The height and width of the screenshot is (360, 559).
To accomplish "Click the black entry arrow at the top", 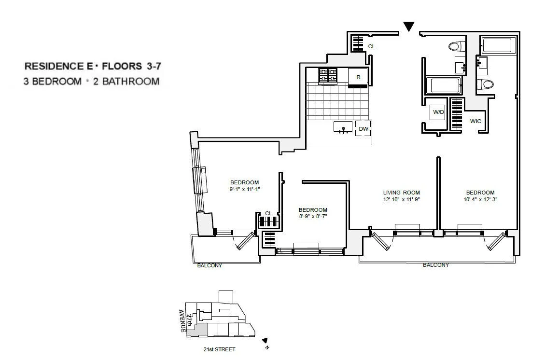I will click(409, 27).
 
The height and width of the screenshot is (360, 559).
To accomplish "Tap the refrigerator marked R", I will click(358, 77).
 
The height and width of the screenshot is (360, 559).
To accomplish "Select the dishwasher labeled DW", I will click(363, 128).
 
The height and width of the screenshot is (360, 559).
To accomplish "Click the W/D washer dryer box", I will click(438, 112).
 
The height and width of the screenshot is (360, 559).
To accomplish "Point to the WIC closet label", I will click(475, 121).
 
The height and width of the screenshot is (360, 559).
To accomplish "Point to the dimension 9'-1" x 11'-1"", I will click(245, 189).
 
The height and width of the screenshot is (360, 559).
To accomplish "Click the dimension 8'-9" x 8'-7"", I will click(313, 217).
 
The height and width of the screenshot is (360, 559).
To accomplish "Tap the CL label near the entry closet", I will click(371, 47).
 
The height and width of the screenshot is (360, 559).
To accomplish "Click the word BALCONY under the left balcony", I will click(210, 265).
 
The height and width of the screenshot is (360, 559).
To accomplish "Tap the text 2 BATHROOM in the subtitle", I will click(126, 81).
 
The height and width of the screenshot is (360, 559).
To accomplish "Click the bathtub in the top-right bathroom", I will click(497, 46).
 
